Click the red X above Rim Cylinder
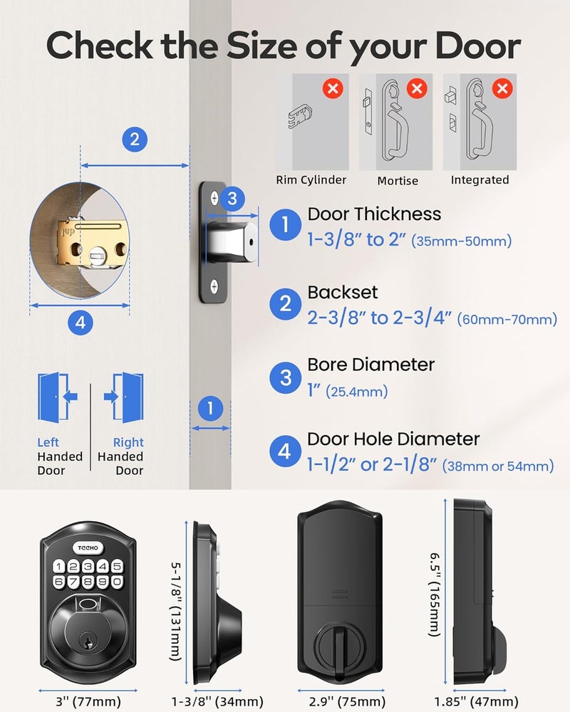332,89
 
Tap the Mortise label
398,181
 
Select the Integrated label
480,180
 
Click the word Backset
343,292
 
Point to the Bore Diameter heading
370,365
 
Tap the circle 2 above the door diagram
135,139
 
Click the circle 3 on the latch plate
232,199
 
